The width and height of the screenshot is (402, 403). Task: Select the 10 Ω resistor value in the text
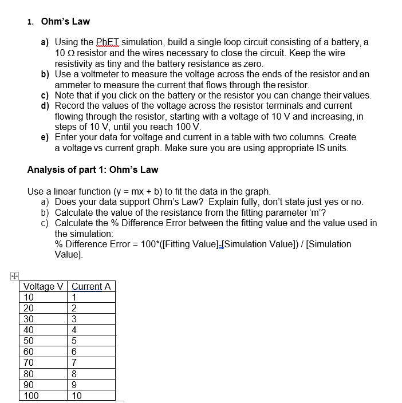click(65, 53)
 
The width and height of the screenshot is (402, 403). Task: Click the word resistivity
click(75, 64)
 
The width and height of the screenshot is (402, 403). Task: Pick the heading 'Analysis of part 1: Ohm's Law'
click(93, 169)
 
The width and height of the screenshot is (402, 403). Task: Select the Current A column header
click(91, 286)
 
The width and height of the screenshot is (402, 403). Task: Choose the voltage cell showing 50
click(29, 341)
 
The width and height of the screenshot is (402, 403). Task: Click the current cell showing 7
click(75, 362)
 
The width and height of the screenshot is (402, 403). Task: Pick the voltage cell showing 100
click(31, 395)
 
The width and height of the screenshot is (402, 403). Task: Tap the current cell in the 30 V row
click(75, 319)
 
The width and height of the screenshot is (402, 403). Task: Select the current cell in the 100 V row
click(77, 395)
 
